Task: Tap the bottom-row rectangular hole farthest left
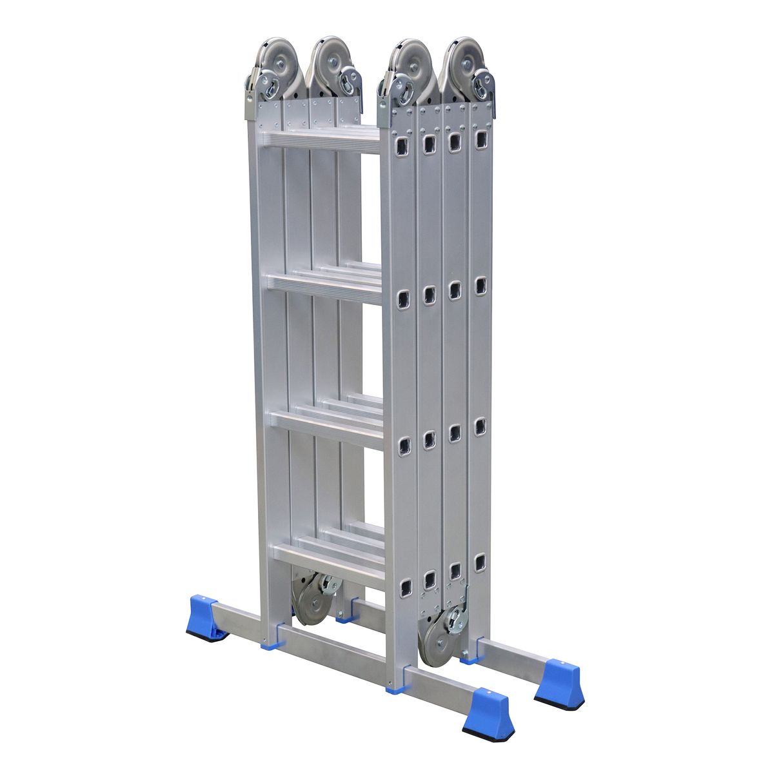coord(405,586)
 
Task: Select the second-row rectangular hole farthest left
coord(404,299)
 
